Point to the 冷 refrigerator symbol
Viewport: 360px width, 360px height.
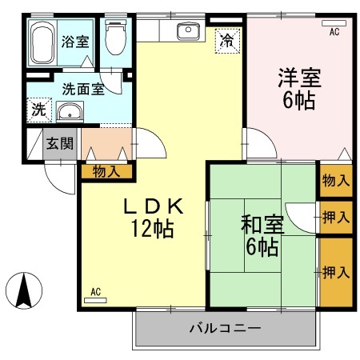click(x=227, y=40)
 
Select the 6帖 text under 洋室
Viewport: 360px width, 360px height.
click(x=299, y=101)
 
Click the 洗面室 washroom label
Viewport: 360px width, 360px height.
click(x=82, y=89)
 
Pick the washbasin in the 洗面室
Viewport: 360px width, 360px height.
click(x=71, y=112)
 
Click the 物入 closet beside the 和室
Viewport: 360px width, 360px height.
click(x=335, y=181)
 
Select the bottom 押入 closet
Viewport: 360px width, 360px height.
click(x=335, y=273)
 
